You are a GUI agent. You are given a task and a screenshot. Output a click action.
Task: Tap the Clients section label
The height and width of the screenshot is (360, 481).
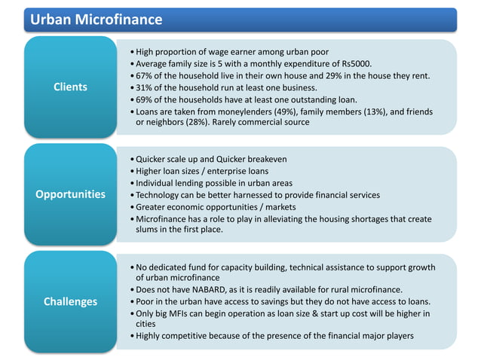tap(70, 87)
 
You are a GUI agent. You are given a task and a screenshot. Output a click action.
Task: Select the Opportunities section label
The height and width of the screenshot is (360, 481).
tap(70, 194)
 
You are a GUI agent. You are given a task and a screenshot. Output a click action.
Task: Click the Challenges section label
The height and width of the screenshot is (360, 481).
tap(70, 301)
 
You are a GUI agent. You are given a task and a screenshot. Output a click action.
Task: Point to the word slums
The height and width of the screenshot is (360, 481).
tap(150, 229)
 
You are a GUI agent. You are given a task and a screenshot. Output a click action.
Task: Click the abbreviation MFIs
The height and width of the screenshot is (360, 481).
tap(185, 313)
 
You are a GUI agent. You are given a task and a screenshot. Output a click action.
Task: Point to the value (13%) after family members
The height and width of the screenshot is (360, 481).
tap(372, 111)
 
